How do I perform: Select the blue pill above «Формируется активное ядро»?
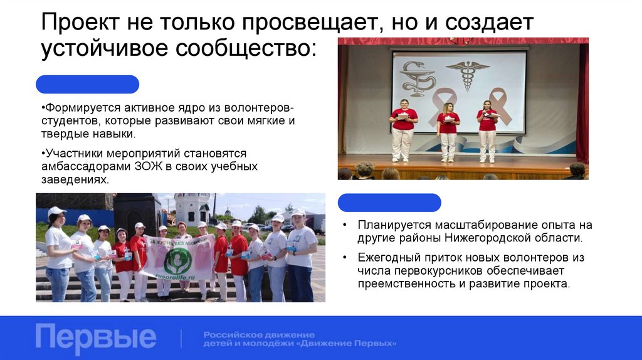click(x=87, y=84)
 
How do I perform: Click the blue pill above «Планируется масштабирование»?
click(x=389, y=203)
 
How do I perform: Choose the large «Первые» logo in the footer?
click(x=95, y=337)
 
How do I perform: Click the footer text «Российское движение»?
click(x=259, y=334)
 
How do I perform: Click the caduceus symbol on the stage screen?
click(x=467, y=75)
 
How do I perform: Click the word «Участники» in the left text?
click(x=70, y=153)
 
